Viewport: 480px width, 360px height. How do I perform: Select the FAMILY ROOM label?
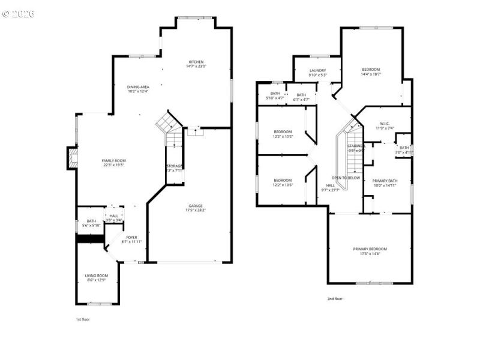coord(113,163)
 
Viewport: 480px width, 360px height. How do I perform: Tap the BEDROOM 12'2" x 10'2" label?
coord(283,134)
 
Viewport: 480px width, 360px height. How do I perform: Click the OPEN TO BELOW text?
coord(346,178)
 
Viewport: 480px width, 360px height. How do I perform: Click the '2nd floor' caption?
coord(334,298)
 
